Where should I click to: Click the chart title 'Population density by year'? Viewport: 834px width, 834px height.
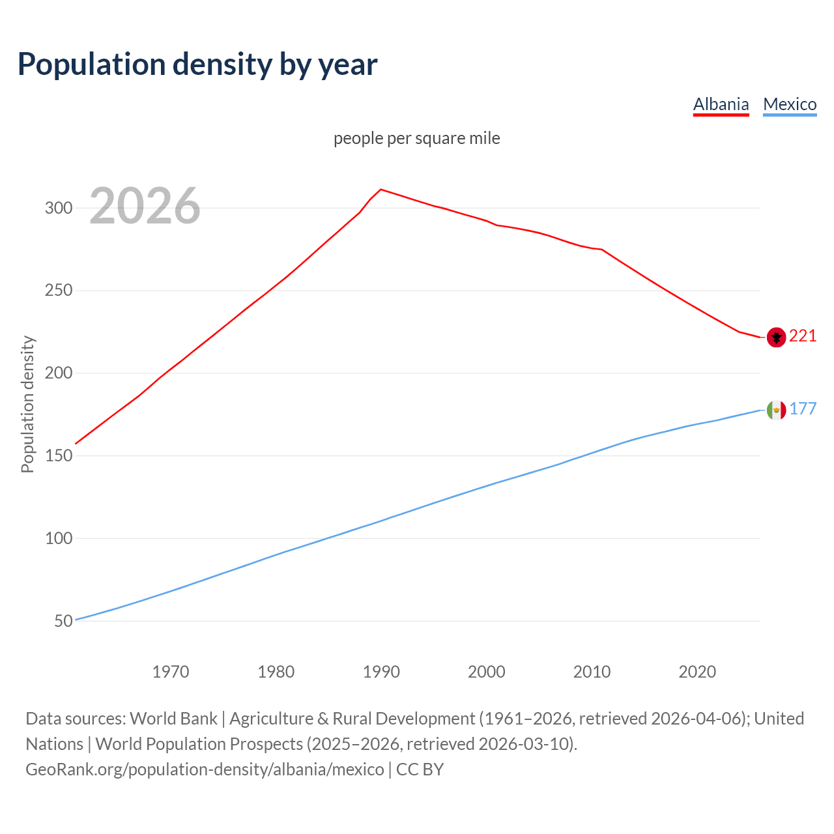[197, 65]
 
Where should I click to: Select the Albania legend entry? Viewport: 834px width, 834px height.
[721, 104]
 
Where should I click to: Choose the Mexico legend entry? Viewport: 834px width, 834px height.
[790, 104]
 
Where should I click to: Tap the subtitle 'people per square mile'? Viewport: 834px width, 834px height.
[416, 138]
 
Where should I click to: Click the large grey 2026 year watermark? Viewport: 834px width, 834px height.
[145, 206]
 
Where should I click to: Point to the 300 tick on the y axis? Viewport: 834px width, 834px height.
[58, 208]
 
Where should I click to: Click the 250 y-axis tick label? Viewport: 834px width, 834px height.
[58, 291]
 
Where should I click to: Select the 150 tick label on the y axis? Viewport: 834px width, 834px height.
[58, 456]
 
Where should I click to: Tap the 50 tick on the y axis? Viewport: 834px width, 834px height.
[63, 621]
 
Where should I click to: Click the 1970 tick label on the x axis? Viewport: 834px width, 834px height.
[171, 672]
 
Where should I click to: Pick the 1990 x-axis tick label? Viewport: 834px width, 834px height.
[381, 672]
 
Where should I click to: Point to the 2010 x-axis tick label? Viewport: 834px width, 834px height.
[592, 672]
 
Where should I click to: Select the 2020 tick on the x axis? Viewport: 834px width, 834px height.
[697, 672]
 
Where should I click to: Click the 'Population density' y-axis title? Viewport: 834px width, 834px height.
[27, 404]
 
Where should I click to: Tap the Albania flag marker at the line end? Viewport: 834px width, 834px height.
[776, 337]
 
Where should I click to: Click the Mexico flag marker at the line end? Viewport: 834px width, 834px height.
[776, 410]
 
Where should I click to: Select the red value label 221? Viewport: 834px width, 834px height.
[803, 336]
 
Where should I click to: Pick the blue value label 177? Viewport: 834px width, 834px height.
[803, 409]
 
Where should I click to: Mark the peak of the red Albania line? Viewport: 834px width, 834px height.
[381, 190]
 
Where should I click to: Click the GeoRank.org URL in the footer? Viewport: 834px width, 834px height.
[205, 769]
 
